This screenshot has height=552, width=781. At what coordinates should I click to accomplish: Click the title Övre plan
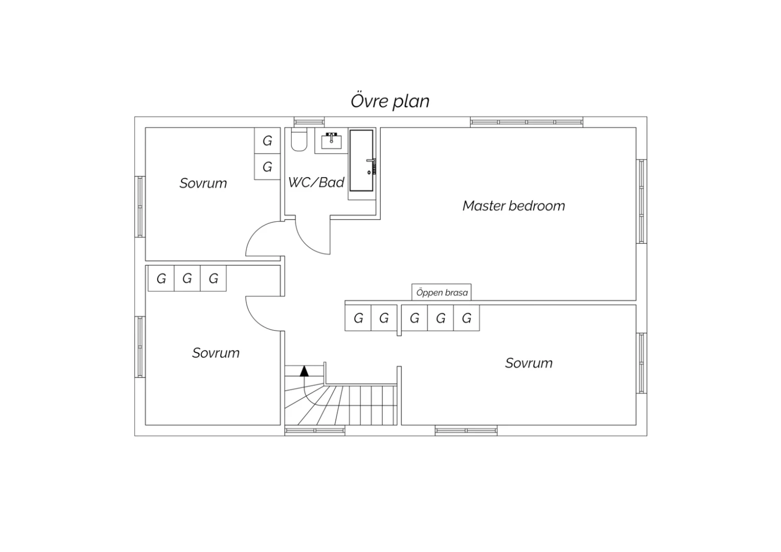390,101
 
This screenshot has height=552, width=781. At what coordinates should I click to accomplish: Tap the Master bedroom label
513,206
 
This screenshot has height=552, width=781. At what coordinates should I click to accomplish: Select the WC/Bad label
316,182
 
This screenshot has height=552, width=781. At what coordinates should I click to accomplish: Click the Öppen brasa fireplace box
442,292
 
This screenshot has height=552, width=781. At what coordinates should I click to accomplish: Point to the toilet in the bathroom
299,140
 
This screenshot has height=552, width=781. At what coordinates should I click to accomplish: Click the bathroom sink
331,141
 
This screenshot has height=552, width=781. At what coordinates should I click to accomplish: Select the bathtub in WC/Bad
361,160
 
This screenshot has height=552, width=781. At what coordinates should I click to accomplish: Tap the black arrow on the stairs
304,371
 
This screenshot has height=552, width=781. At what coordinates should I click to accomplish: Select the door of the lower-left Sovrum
254,321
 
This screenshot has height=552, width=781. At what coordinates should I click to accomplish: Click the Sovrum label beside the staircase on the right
529,363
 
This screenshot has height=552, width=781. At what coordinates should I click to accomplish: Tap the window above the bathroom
309,122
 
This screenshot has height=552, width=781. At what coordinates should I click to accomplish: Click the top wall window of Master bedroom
526,122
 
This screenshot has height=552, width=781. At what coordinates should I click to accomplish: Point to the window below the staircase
315,431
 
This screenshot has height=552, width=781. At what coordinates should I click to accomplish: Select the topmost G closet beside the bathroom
268,141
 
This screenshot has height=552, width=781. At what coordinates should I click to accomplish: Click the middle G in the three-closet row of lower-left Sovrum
187,278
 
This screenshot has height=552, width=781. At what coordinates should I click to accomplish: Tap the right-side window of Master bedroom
641,201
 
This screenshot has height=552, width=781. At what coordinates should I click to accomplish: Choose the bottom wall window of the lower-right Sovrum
466,431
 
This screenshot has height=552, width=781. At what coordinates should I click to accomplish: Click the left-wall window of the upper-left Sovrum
140,207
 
